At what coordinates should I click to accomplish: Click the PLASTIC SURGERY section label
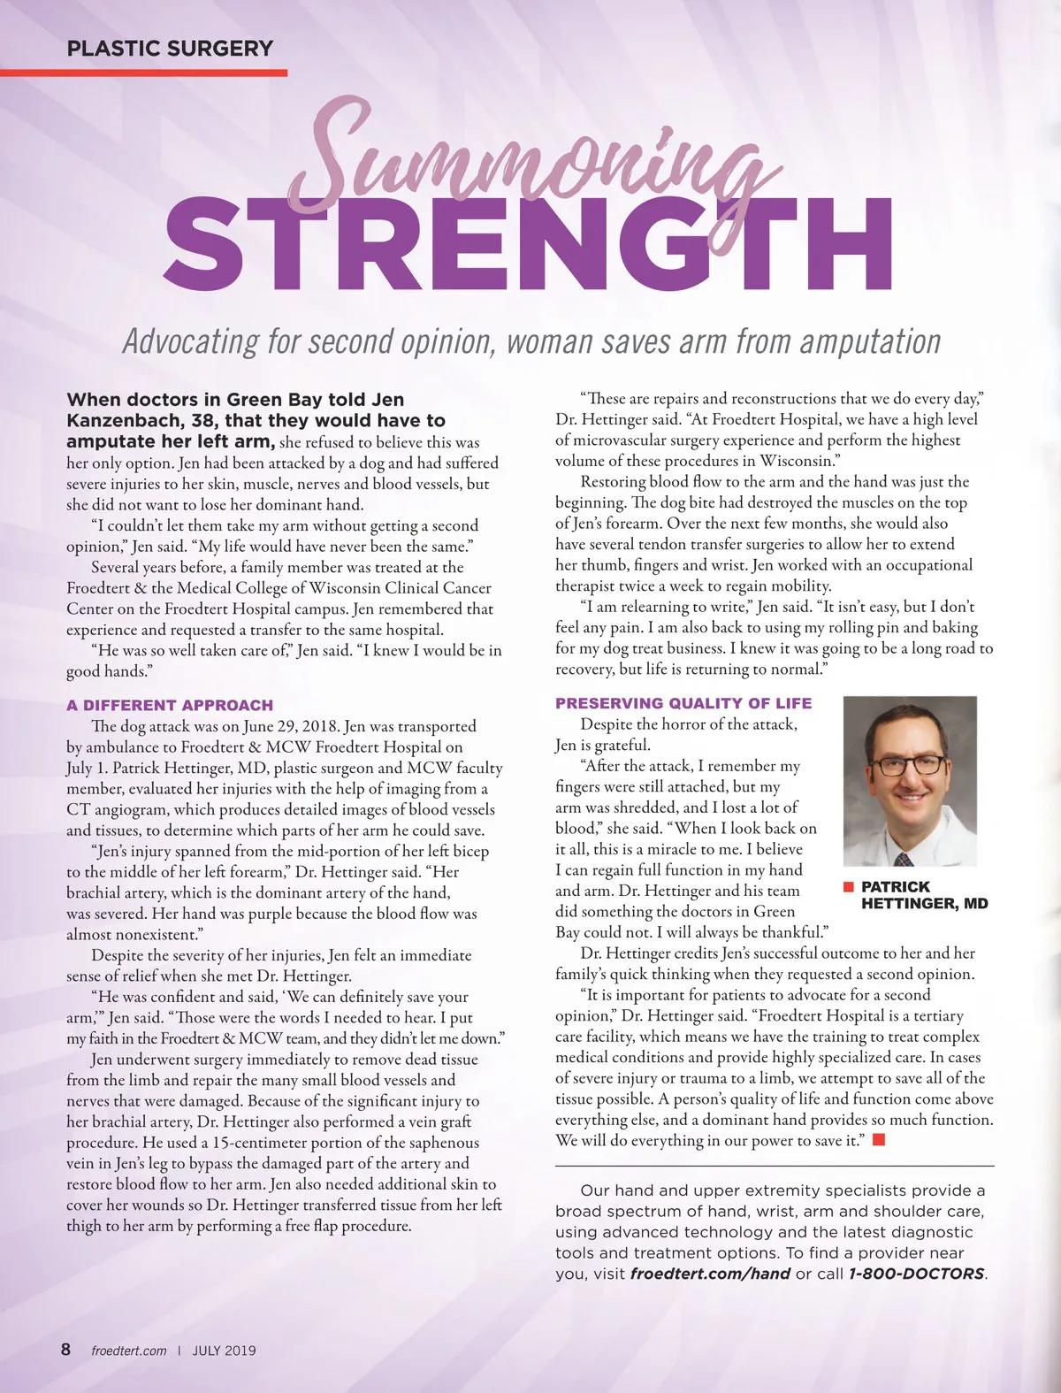pos(170,49)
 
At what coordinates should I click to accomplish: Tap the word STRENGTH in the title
pos(527,245)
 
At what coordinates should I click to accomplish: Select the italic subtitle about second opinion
pos(531,341)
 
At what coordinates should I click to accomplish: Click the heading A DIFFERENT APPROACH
pos(170,705)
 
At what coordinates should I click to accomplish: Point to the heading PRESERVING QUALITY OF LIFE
pos(683,703)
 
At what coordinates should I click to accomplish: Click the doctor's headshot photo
pos(910,780)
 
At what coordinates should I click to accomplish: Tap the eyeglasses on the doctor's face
pos(909,763)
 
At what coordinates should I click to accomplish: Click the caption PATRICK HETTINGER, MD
pos(924,895)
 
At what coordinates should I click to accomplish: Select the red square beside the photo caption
pos(848,886)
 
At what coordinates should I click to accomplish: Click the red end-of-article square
pos(879,1140)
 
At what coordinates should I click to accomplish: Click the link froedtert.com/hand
pos(710,1274)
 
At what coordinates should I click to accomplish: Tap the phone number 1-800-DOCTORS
pos(916,1274)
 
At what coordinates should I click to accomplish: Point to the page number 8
pos(66,1349)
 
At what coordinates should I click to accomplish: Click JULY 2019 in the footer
pos(225,1351)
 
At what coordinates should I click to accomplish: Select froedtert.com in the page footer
pos(129,1351)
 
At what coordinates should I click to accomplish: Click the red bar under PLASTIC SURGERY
pos(143,73)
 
